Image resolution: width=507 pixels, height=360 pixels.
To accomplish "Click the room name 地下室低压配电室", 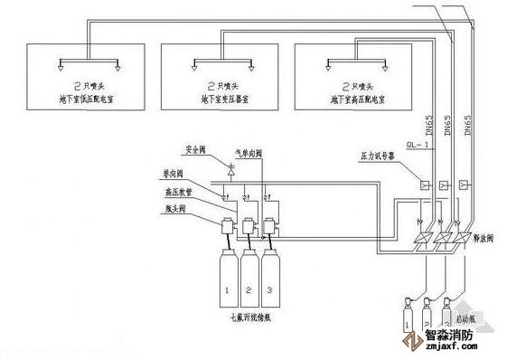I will pos(82,93).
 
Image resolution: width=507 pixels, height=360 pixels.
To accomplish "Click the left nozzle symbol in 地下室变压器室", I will pos(196,63).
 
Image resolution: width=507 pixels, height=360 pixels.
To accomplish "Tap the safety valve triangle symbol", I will pos(231,168).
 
